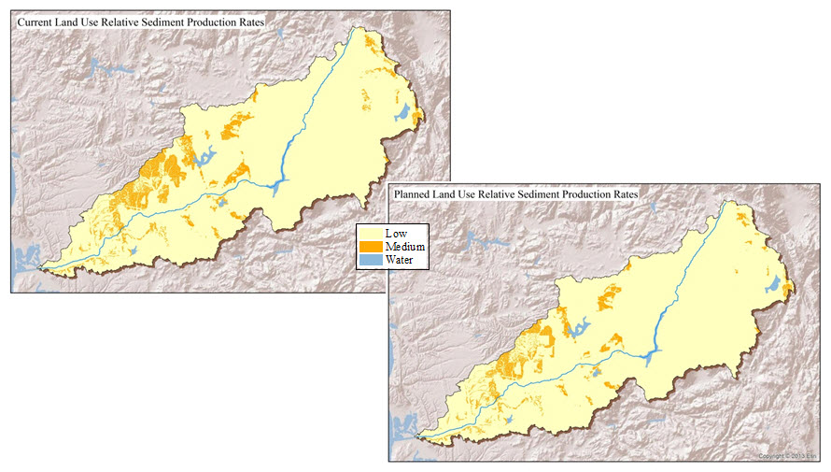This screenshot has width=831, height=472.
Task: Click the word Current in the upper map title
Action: pos(36,21)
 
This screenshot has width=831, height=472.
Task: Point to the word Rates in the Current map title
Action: pos(262,21)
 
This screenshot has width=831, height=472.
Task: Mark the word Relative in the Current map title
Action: pos(128,21)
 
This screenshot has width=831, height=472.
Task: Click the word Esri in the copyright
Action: pos(810,455)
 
